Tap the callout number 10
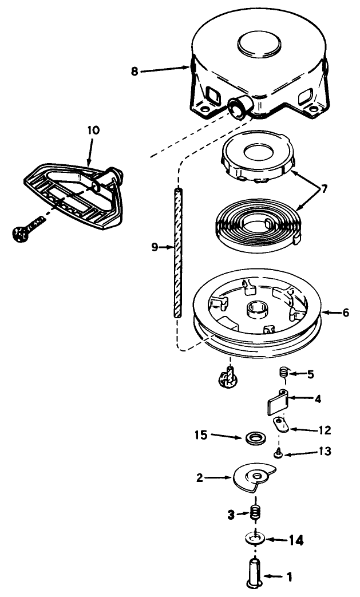(93, 131)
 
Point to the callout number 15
(201, 435)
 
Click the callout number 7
(324, 188)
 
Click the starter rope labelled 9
(177, 252)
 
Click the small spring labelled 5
(282, 374)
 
